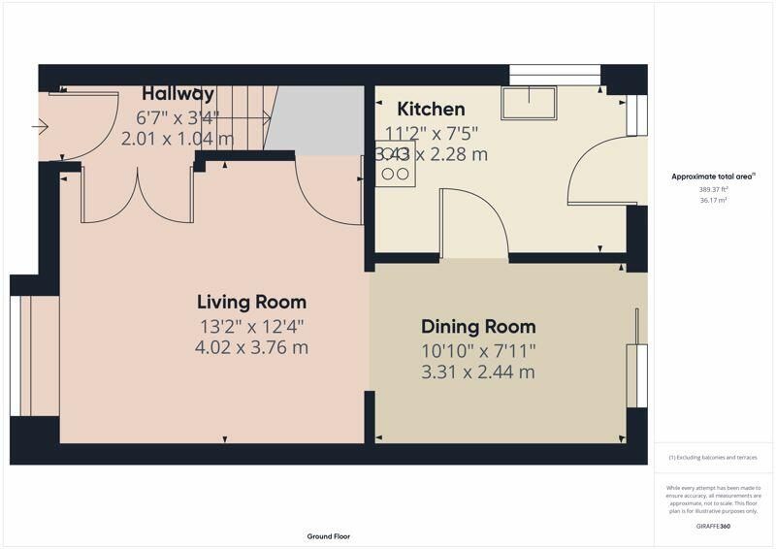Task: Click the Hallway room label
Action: point(178,94)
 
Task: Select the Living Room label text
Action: point(251,302)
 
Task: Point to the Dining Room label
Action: point(477,327)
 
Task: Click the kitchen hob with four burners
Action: point(396,165)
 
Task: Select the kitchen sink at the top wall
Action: point(528,102)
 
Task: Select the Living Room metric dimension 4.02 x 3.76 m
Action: point(251,346)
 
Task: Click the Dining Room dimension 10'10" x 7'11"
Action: point(477,350)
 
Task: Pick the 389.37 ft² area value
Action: point(713,190)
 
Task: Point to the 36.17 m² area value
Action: point(713,201)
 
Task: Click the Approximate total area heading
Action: point(713,177)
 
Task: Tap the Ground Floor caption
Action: point(328,536)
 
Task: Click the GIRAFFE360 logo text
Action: point(713,524)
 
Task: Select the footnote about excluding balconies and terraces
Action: point(713,457)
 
